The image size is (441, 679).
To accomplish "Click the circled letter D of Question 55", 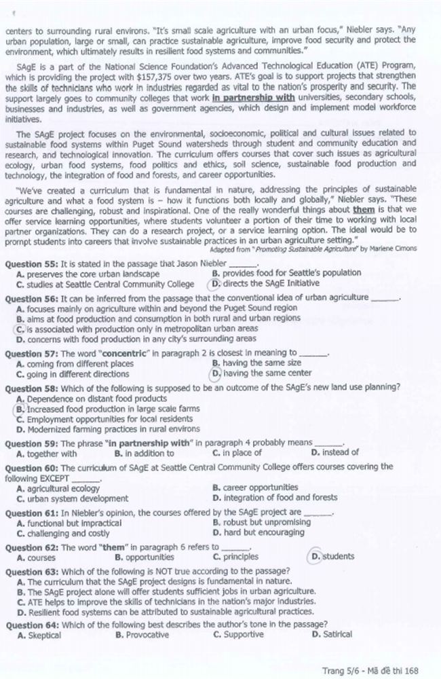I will coord(216,285).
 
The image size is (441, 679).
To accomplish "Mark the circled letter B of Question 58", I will coord(20,409).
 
